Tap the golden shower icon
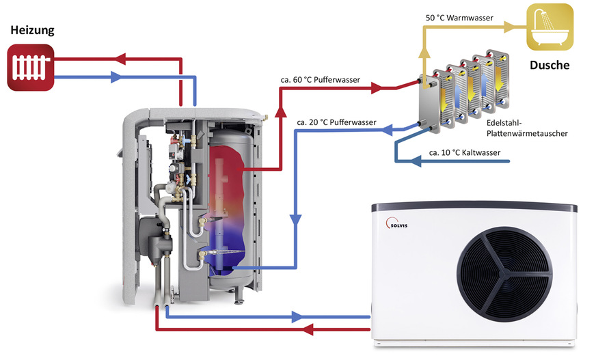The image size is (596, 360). coord(550,27)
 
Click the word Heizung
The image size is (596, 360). coord(31,31)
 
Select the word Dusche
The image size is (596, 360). coord(550,66)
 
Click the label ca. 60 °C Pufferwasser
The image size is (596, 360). coord(321,79)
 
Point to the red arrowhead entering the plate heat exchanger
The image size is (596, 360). coord(376,89)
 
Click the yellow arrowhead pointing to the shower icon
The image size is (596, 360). coord(507,27)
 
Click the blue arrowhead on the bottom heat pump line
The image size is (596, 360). coord(296,317)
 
